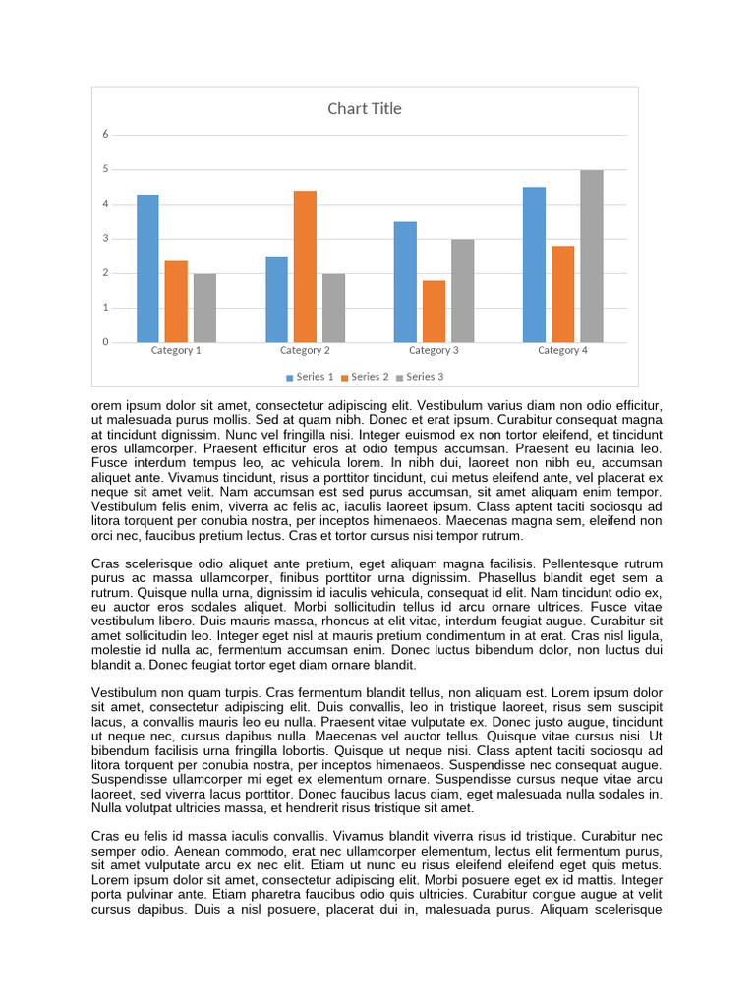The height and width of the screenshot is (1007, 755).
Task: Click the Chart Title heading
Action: click(365, 108)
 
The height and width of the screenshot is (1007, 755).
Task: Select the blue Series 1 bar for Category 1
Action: click(147, 268)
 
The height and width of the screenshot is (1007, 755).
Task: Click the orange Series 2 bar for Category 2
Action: click(305, 267)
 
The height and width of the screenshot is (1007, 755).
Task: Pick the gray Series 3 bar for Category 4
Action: click(591, 256)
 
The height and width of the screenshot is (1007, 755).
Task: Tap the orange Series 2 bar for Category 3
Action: click(434, 312)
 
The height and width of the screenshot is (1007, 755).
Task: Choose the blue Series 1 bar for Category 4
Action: click(534, 265)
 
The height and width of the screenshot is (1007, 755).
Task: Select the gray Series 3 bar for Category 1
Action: click(204, 308)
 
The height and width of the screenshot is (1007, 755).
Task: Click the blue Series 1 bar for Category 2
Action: click(276, 299)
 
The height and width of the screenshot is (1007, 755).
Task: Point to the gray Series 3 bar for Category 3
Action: click(462, 291)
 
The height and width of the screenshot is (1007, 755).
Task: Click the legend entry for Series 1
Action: click(311, 377)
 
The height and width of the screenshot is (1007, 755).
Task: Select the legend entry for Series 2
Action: click(366, 377)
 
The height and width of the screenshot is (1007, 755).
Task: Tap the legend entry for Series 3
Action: click(420, 377)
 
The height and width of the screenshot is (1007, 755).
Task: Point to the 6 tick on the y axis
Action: click(105, 134)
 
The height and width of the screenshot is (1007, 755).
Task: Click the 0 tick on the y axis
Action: click(105, 342)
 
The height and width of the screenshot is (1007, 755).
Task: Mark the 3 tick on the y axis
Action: click(105, 239)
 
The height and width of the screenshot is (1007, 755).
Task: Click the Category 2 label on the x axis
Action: click(305, 350)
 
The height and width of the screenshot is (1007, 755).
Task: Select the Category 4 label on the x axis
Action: click(562, 350)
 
